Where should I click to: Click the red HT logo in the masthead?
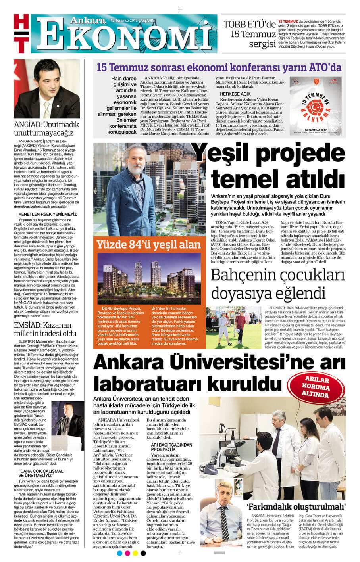click(22, 33)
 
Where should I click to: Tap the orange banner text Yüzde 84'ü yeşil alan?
click(148, 245)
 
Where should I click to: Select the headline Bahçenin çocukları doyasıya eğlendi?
click(277, 285)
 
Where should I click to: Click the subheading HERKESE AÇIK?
click(235, 94)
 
